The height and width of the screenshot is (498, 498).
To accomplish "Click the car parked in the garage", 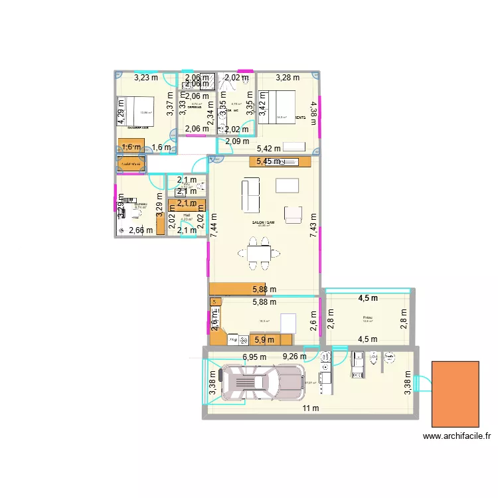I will click(x=256, y=384).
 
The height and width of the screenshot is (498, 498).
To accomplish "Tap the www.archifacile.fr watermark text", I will click(x=456, y=436).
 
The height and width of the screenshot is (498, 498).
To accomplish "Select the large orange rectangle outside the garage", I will click(x=456, y=394).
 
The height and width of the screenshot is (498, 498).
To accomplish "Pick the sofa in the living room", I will click(x=251, y=195).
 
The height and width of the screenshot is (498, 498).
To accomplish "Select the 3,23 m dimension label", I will click(x=146, y=78).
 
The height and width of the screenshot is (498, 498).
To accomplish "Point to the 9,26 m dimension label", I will click(x=295, y=357).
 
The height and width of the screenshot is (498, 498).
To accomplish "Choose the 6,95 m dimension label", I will click(x=254, y=357).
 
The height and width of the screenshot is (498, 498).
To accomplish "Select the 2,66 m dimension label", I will click(x=141, y=230).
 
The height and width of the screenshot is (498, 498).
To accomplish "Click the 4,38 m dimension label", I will click(x=313, y=108).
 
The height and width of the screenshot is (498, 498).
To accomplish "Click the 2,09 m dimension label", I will click(x=236, y=141).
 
